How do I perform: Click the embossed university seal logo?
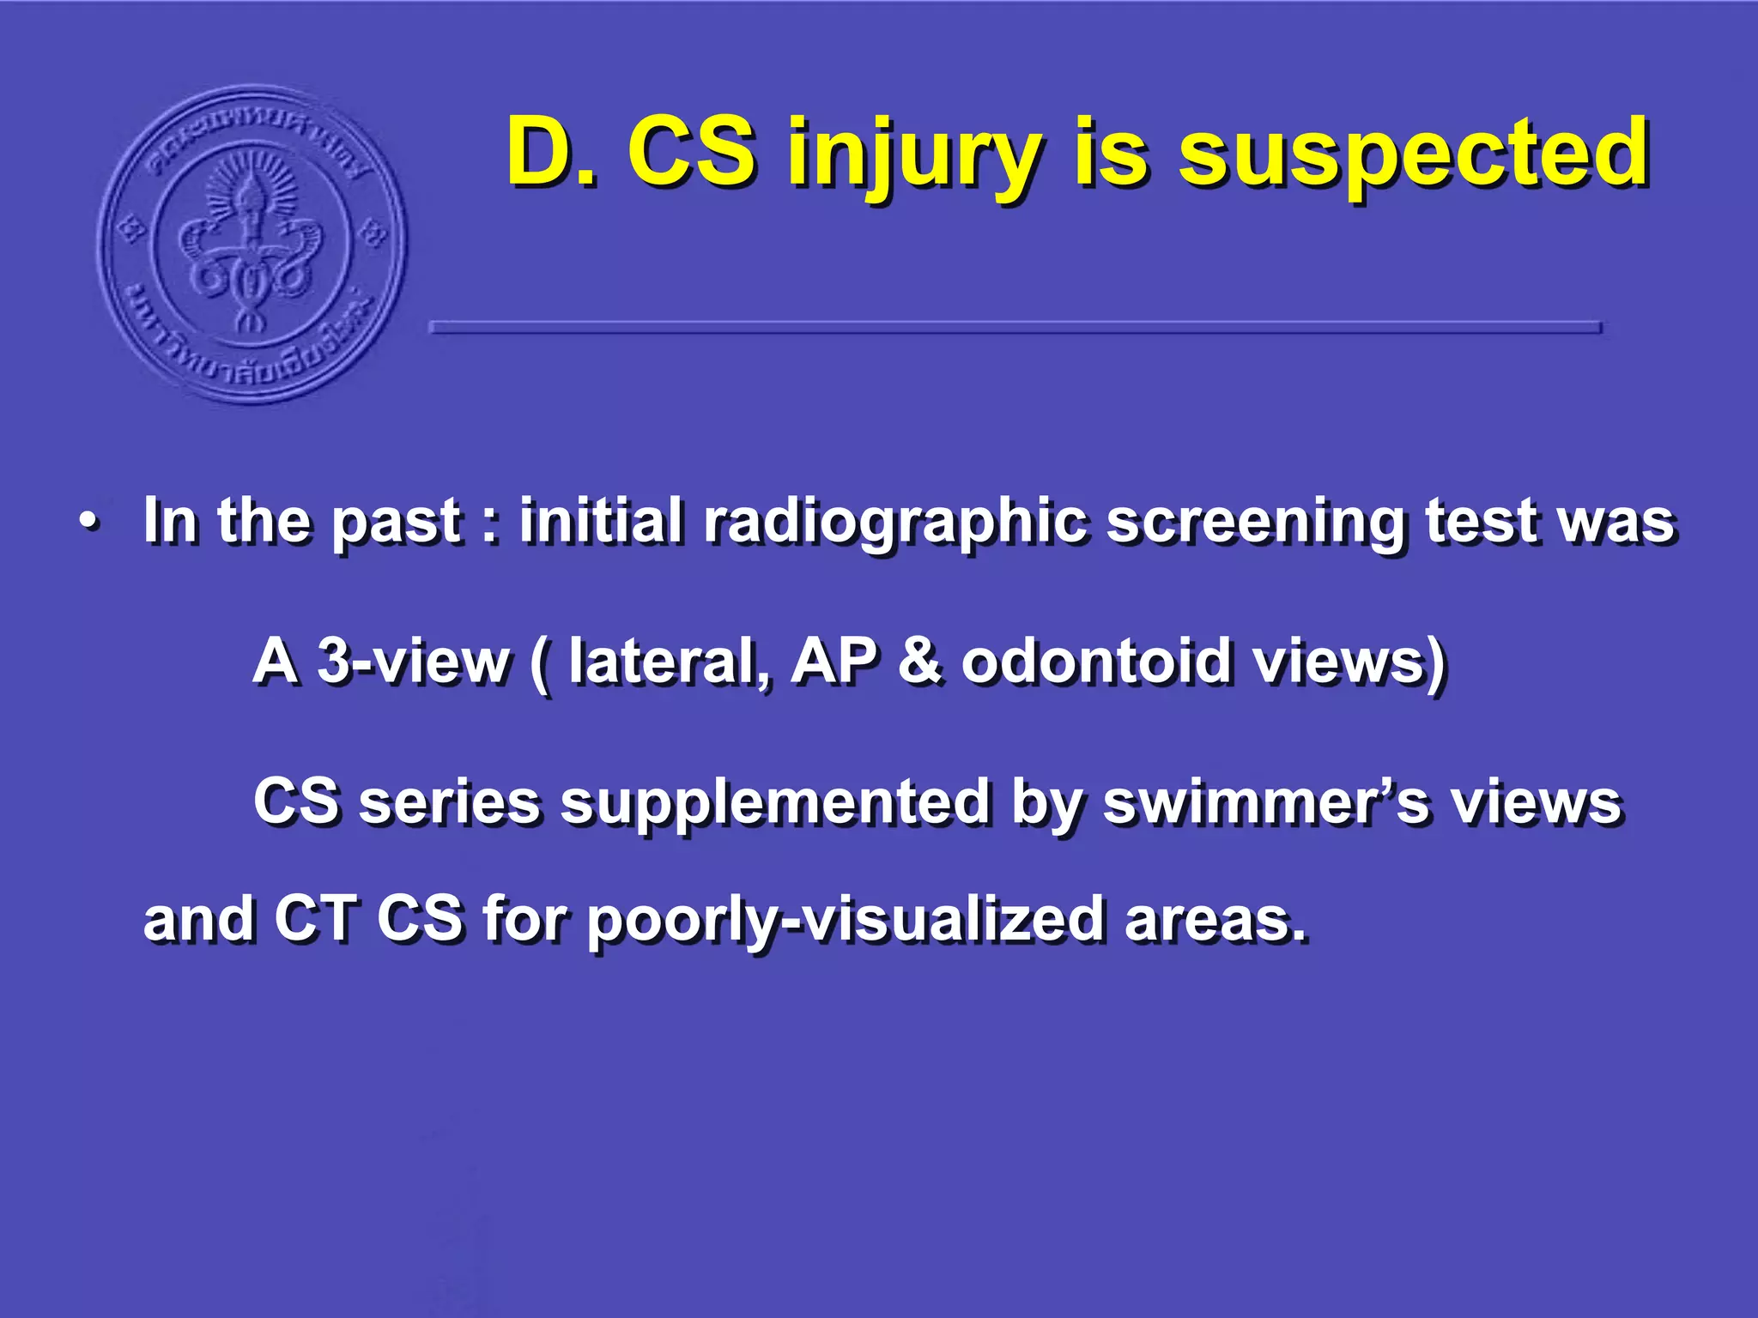pos(252,245)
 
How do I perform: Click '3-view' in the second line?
pos(413,662)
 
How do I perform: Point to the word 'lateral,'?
pos(670,662)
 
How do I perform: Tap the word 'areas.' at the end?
pos(1216,919)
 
